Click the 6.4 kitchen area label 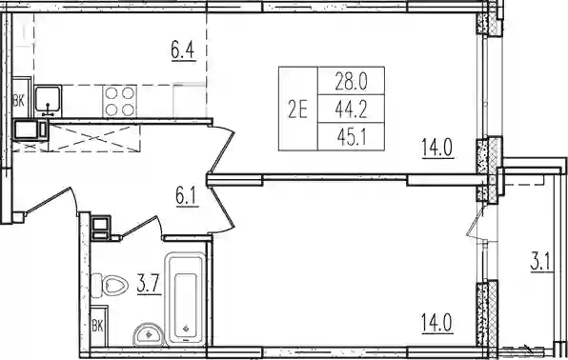click(183, 51)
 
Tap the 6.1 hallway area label click(188, 197)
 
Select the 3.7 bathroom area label click(149, 286)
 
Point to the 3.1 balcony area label click(542, 263)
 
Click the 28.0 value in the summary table click(351, 81)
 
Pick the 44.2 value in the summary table click(351, 110)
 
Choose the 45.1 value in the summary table click(351, 137)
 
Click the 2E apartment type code click(297, 110)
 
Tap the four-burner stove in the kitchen click(119, 101)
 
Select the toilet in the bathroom click(110, 286)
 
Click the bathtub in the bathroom click(185, 298)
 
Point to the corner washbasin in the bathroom click(149, 334)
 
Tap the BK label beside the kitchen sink click(18, 102)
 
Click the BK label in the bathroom click(97, 327)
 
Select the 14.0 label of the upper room click(437, 148)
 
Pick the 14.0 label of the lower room click(437, 324)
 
